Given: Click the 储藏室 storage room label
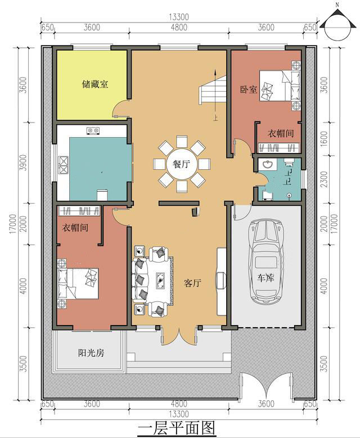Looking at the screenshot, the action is [x=95, y=84].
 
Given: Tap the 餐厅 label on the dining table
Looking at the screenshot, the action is [x=181, y=164].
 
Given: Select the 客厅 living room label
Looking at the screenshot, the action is [x=192, y=283].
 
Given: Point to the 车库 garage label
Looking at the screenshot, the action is [x=265, y=278].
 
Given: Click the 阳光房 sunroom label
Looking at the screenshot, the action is [x=91, y=353].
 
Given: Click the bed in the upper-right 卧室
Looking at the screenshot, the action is [x=280, y=86].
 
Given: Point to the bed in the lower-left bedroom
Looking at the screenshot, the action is [x=78, y=283].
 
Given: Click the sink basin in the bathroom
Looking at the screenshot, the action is [x=267, y=164].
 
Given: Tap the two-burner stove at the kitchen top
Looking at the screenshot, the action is [x=93, y=130].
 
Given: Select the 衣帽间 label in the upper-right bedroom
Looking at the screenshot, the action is [x=281, y=133].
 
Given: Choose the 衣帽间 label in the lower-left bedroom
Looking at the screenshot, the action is [x=75, y=227].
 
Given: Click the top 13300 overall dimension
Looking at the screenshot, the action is [x=179, y=17].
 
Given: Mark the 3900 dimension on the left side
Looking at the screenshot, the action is [x=24, y=162].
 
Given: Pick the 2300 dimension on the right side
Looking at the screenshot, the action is [x=323, y=179].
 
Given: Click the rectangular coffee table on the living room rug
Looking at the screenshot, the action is [x=160, y=280].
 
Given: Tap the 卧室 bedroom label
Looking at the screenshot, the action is [x=249, y=89].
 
